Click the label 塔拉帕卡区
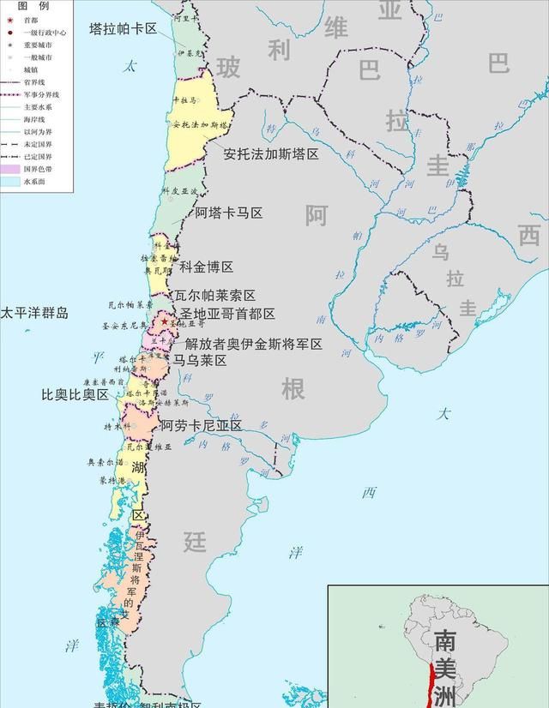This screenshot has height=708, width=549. coord(123,28)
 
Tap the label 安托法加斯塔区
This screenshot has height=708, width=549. coord(270,154)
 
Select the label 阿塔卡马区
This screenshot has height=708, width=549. coord(228,213)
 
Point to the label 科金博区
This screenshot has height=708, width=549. coord(206,267)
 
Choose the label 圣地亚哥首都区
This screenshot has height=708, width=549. coord(227,315)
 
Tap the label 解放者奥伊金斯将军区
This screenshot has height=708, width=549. coord(254,344)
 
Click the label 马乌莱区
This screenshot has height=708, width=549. coord(200,361)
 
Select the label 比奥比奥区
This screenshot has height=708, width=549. coord(75,395)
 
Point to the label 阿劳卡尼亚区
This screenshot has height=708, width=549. coord(201,425)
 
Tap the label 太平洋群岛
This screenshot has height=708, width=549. coord(34,313)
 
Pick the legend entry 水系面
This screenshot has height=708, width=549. coord(34,182)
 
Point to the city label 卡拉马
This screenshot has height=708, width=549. coord(184,101)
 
